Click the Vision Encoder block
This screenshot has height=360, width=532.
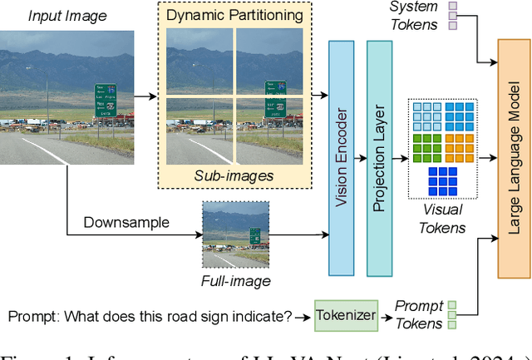(x=341, y=157)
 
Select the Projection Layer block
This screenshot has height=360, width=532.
(x=379, y=157)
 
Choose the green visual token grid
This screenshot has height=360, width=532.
(x=426, y=147)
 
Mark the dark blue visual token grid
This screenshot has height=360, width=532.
(x=443, y=180)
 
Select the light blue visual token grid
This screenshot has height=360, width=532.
(x=426, y=116)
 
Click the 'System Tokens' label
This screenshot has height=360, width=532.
(x=414, y=16)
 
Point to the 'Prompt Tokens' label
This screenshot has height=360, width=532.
(x=419, y=314)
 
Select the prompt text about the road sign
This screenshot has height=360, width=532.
(x=150, y=317)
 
